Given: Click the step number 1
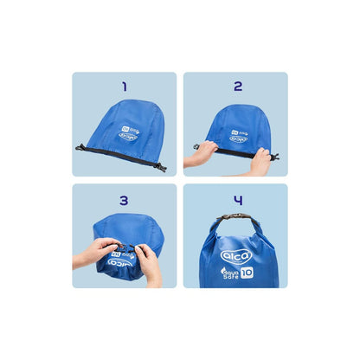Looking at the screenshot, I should (125, 87).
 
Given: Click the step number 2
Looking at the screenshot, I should (237, 87).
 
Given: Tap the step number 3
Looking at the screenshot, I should (125, 200).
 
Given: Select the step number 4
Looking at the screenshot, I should (237, 200).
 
